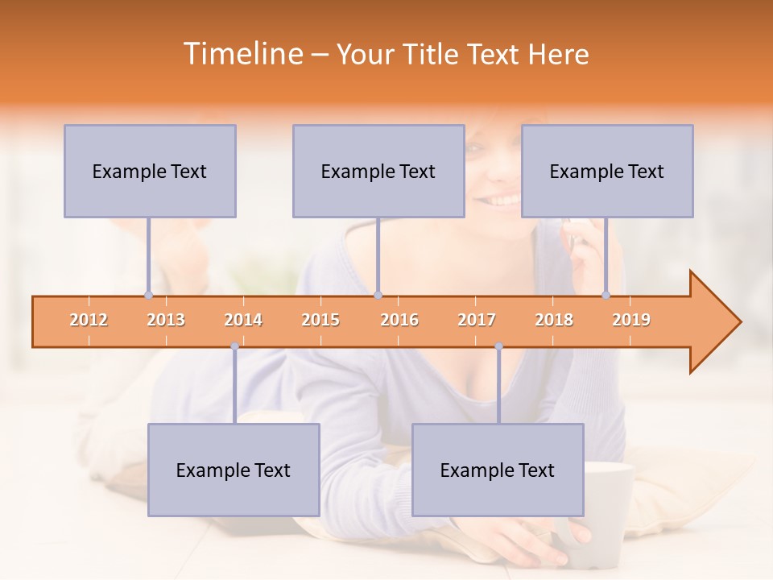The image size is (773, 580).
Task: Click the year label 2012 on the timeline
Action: pos(89,321)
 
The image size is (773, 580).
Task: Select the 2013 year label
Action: pos(166,321)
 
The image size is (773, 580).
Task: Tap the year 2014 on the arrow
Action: pos(243,321)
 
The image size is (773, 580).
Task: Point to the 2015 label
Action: pos(320,321)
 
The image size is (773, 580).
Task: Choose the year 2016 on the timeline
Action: pos(399,321)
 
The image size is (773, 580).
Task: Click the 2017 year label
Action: pos(477,321)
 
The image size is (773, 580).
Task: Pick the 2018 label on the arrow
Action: pos(554,321)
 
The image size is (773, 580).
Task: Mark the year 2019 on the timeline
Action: pos(631,321)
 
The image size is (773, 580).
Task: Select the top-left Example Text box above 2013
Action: pos(150,172)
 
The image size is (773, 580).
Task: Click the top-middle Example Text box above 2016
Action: pos(378,172)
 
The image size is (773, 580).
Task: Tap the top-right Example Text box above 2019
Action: pos(607,172)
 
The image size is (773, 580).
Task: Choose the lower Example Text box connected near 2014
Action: pos(234,470)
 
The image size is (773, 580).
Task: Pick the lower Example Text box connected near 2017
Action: pos(498,470)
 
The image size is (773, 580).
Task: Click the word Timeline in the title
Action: pos(242,54)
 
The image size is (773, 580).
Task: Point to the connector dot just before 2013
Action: pos(148,295)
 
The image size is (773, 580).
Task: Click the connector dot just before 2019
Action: pos(606,295)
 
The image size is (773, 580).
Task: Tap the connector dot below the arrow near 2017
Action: pos(498,346)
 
